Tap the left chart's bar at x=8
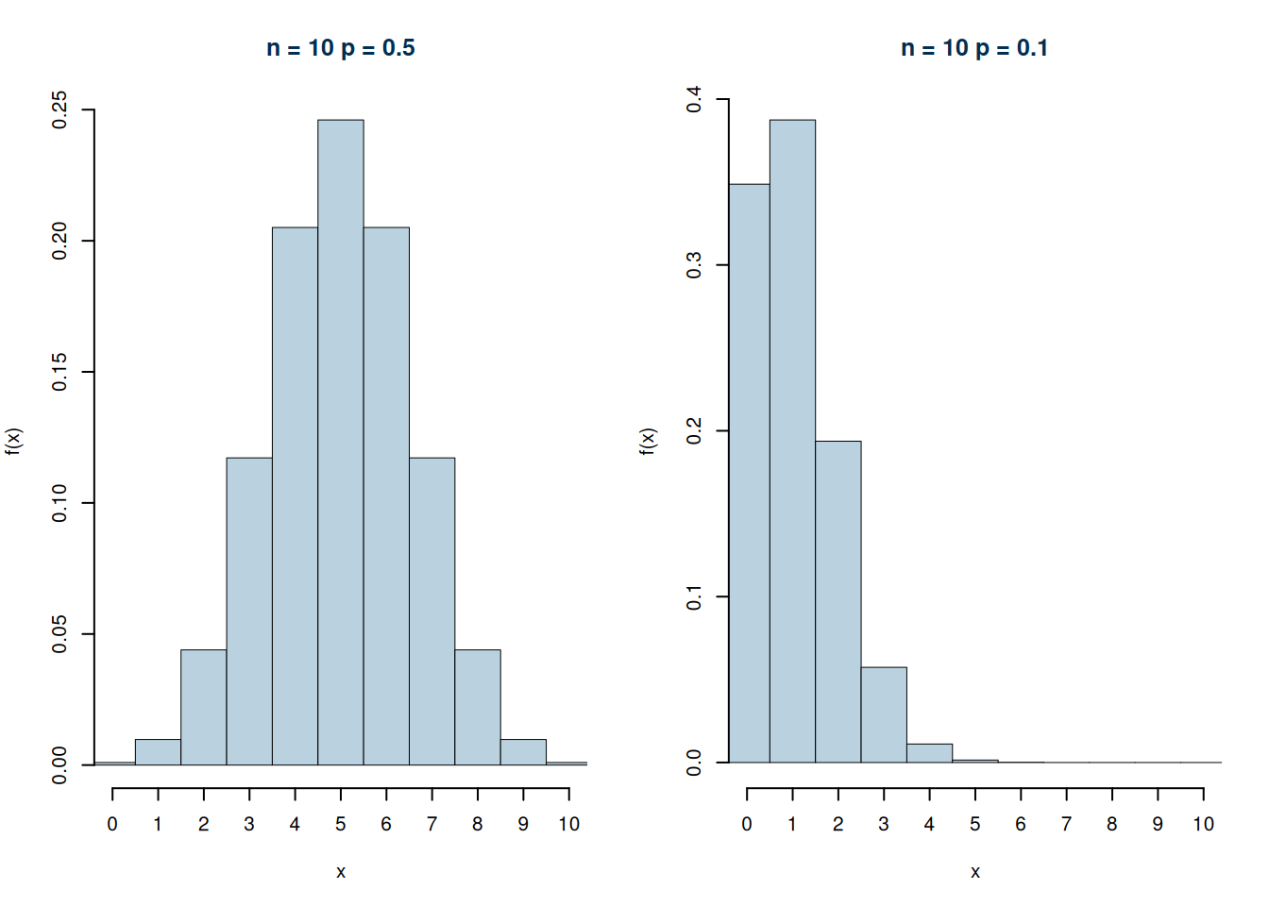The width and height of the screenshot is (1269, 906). [478, 707]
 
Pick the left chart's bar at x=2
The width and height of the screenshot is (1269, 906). [204, 707]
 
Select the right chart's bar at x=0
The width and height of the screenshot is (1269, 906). [749, 473]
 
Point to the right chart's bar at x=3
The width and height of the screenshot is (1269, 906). [884, 714]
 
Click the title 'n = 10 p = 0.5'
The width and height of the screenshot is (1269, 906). [341, 48]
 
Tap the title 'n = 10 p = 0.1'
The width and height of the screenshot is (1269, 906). [974, 48]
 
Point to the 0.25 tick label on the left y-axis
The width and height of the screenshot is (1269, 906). [59, 110]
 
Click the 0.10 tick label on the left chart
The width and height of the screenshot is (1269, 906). [59, 503]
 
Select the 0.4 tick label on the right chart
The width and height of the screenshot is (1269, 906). [694, 99]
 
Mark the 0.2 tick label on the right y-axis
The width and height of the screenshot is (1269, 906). [694, 431]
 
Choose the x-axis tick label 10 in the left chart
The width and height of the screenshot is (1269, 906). [568, 824]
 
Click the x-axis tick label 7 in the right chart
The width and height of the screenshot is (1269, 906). [1066, 824]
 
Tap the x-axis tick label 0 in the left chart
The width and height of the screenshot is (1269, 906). [112, 824]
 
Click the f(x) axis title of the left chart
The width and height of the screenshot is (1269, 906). [13, 441]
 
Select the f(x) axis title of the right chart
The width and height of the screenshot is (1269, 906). [648, 441]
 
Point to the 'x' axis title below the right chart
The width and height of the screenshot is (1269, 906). [975, 872]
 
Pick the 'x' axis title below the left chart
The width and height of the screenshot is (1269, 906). [341, 872]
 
